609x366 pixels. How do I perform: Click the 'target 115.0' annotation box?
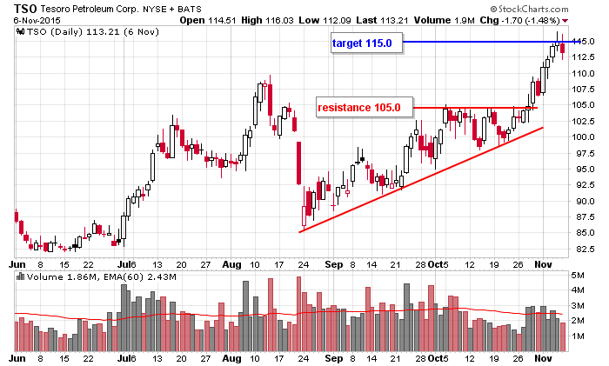click(x=366, y=43)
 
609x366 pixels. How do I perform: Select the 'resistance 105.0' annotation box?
click(x=358, y=108)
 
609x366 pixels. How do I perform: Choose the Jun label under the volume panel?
click(x=17, y=357)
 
